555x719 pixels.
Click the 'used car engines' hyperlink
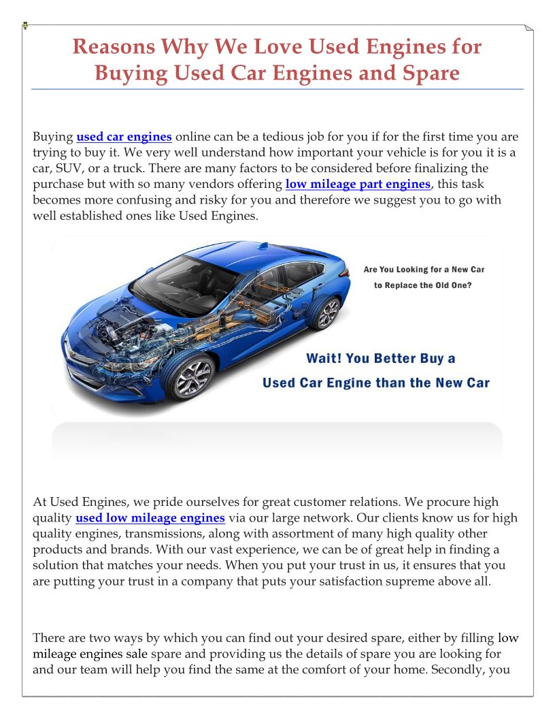124,137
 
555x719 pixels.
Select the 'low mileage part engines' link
358,184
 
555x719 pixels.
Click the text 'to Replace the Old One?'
422,285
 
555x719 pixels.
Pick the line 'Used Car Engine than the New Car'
375,383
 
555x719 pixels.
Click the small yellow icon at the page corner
25,25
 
